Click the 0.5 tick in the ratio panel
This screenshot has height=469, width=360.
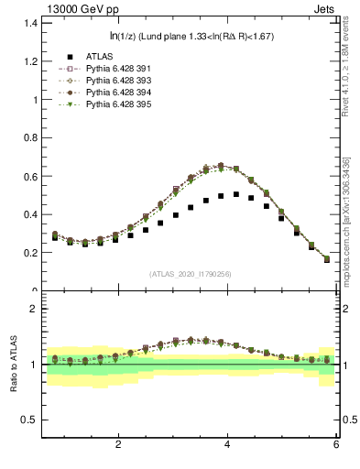pos(27,420)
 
